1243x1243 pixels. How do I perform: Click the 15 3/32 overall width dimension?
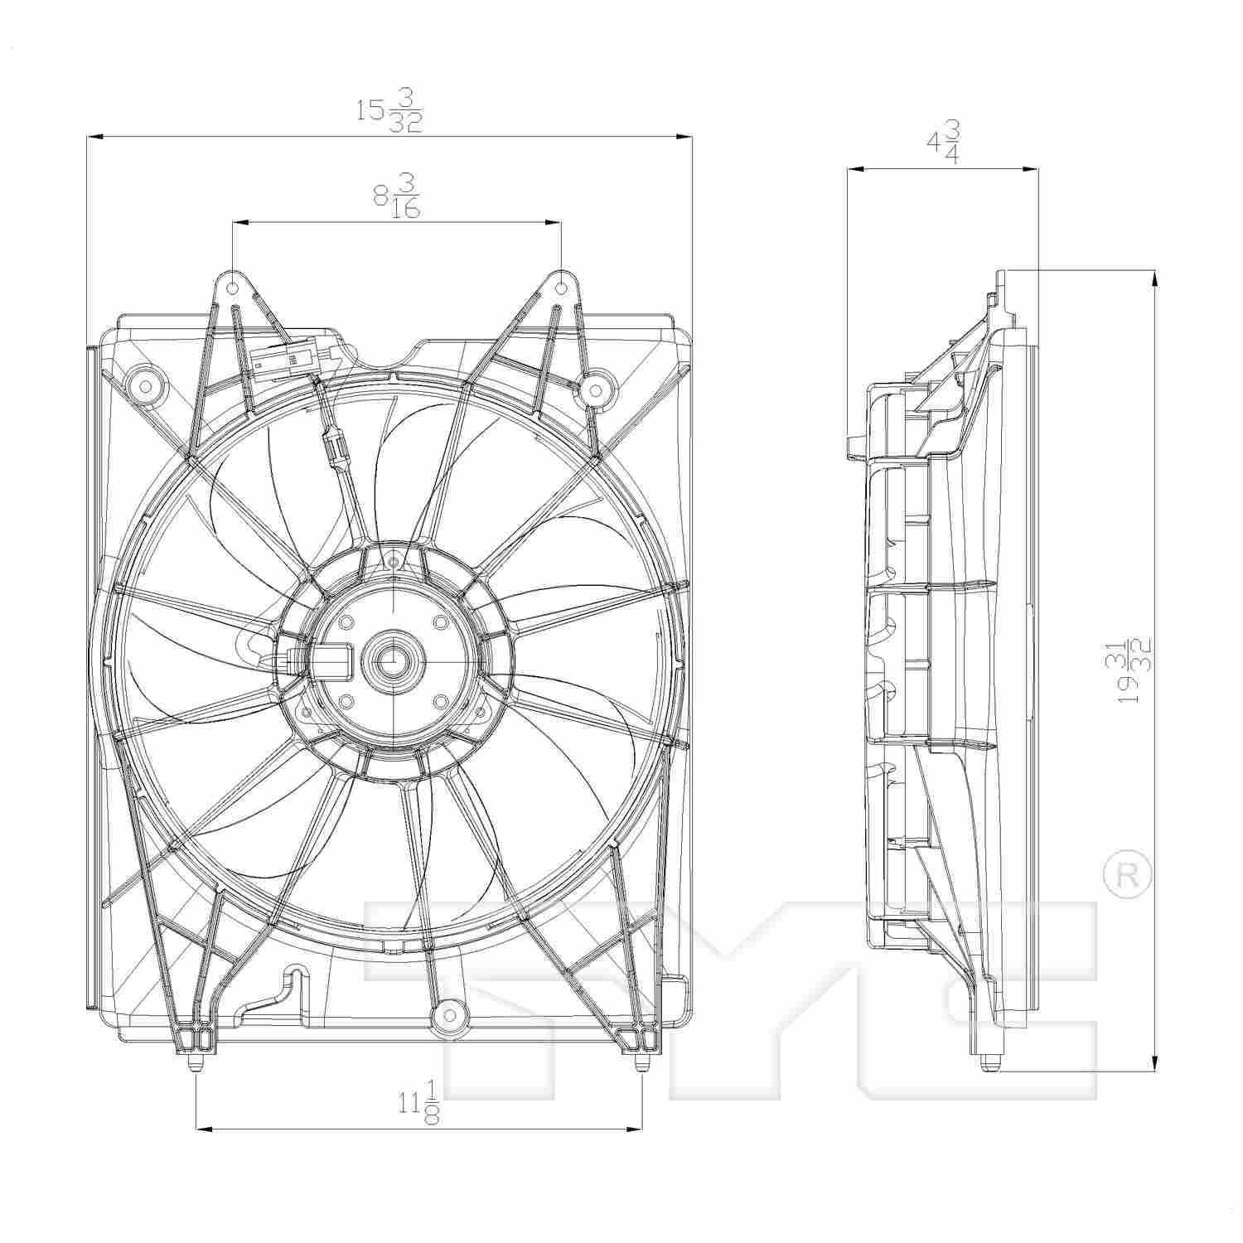[389, 110]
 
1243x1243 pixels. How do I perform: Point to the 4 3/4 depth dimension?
[943, 143]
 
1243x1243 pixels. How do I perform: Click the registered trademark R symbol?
[1128, 877]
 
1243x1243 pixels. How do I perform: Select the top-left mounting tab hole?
[233, 288]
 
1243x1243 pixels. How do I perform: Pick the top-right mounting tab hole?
[561, 288]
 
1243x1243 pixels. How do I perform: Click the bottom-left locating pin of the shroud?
[195, 1063]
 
